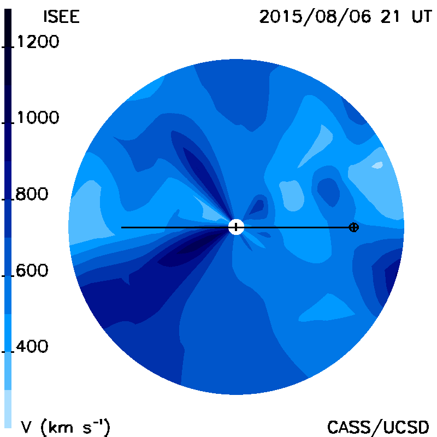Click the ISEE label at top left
pos(62,17)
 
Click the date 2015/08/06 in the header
pos(315,17)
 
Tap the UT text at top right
pos(422,16)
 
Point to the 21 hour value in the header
pos(390,16)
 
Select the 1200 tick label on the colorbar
pos(38,42)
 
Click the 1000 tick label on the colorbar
pos(38,117)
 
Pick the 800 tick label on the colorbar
pos(32,194)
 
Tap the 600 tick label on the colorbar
pos(32,270)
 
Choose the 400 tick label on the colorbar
pos(32,346)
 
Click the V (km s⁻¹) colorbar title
pos(66,427)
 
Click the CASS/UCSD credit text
pos(378,427)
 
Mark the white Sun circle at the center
pos(236,227)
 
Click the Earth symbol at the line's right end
pos(353,227)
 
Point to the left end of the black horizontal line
pos(121,228)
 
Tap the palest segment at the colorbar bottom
pos(8,408)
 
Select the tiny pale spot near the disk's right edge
pos(377,166)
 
